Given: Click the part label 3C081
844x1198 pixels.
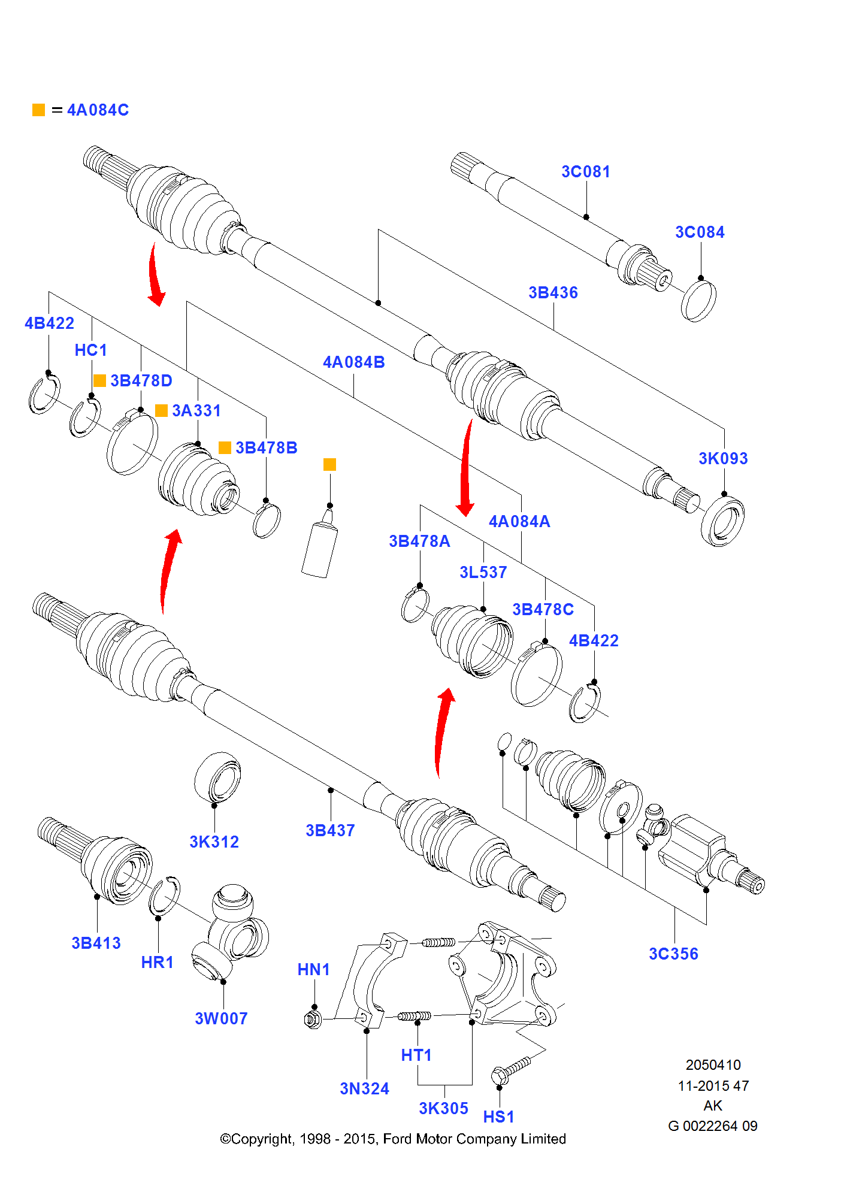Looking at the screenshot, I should tap(585, 172).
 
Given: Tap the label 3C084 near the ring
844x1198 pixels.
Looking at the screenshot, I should tap(700, 232).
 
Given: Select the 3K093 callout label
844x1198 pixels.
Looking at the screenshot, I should tap(723, 459).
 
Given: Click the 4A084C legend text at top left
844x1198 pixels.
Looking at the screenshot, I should tap(98, 110).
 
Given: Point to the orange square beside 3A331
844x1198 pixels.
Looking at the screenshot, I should tap(161, 410).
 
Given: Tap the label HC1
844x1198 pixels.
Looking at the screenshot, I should tap(90, 350).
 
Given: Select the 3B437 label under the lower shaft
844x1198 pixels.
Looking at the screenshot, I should tap(330, 831).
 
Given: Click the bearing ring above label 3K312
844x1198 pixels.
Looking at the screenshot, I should tap(217, 778).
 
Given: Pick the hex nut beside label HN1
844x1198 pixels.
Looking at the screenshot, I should tap(313, 1018).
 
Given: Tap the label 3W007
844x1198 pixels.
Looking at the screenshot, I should tap(221, 1019).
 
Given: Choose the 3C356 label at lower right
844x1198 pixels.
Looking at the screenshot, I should tap(673, 954).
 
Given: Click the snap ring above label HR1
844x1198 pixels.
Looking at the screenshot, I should tap(164, 896).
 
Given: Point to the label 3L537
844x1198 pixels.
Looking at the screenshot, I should tap(483, 573).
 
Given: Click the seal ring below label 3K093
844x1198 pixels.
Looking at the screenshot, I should tap(722, 521).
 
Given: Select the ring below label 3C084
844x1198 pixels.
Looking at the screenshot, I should tap(698, 301).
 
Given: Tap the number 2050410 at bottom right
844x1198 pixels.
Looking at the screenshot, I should tap(713, 1065).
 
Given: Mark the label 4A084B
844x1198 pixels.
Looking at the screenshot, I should tap(353, 362).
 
